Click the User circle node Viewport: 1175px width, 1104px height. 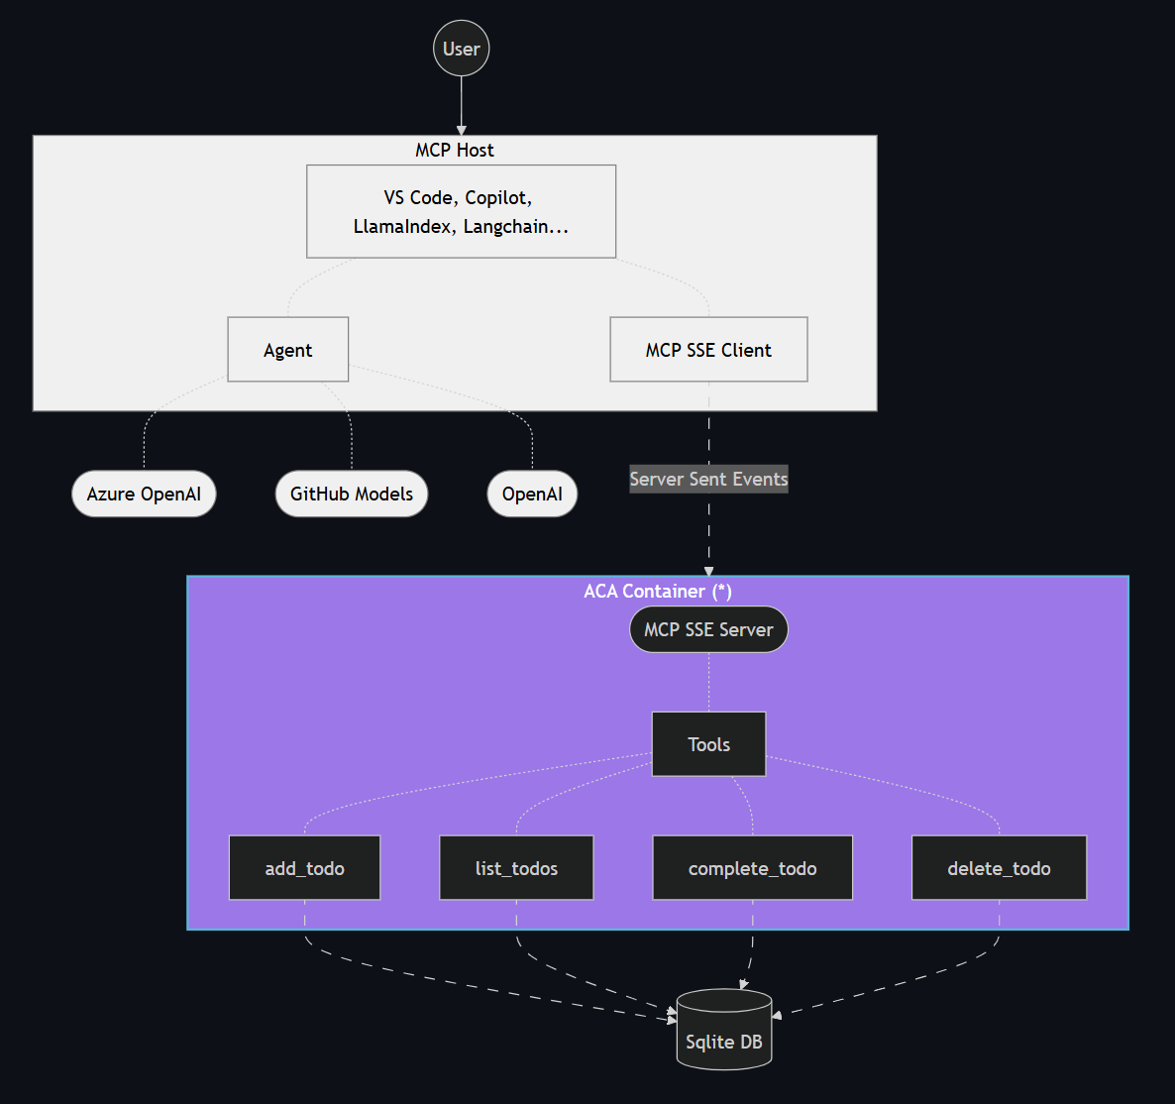(462, 49)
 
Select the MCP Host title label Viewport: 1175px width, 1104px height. (455, 150)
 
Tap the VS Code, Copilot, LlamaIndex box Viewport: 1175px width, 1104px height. (462, 211)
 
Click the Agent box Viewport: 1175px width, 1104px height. (288, 350)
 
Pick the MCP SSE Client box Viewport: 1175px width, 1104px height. (708, 350)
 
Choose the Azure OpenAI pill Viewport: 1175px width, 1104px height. (144, 494)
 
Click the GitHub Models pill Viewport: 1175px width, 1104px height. (352, 494)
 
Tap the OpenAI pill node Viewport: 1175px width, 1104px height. (532, 494)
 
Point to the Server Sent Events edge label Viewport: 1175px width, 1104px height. (708, 479)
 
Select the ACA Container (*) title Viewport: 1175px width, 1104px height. (658, 591)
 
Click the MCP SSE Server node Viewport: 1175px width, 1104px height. (708, 629)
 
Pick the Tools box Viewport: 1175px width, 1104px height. (708, 744)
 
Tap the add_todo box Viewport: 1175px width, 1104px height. (304, 868)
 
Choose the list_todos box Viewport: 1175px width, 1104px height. (516, 868)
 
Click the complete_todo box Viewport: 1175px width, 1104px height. (753, 868)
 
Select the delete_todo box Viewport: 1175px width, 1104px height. (999, 868)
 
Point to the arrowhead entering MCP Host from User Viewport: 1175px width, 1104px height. (462, 130)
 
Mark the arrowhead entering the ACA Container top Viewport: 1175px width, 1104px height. (708, 571)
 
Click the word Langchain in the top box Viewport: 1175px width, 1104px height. (506, 226)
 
